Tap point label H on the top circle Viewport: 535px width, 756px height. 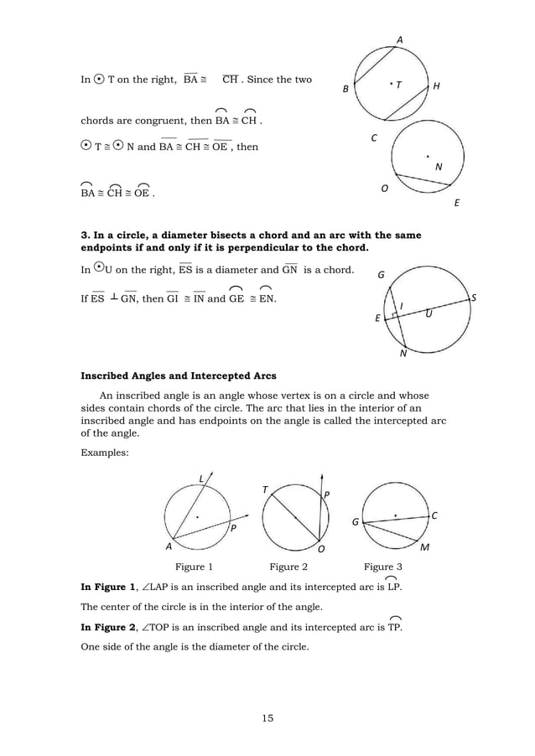click(x=436, y=87)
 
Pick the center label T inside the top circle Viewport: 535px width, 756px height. click(x=399, y=85)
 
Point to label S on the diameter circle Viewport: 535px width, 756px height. click(x=473, y=298)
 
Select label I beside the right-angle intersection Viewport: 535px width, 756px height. click(x=401, y=305)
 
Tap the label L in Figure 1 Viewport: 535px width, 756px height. click(x=200, y=479)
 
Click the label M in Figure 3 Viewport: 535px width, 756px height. click(x=424, y=547)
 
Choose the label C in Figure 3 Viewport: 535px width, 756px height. click(x=435, y=516)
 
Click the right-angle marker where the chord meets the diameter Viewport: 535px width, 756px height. click(x=395, y=315)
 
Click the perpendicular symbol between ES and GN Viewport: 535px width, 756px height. click(x=112, y=296)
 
